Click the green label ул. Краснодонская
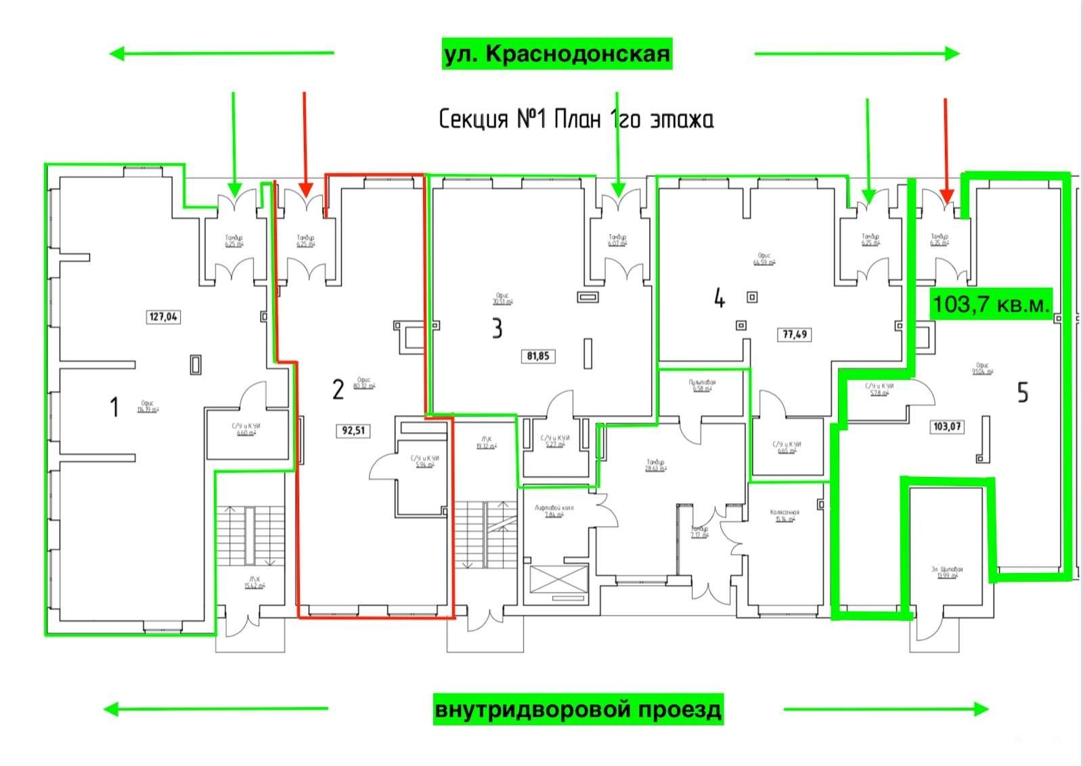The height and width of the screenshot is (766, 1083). pyautogui.click(x=556, y=54)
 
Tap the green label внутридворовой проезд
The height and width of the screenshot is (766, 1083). pyautogui.click(x=578, y=709)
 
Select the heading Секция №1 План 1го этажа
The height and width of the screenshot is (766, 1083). pyautogui.click(x=576, y=119)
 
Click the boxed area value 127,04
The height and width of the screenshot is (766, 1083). pyautogui.click(x=164, y=316)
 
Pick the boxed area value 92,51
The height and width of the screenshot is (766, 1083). pyautogui.click(x=353, y=430)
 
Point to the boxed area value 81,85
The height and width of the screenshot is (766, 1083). pyautogui.click(x=538, y=356)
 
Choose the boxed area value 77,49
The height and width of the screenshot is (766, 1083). pyautogui.click(x=795, y=334)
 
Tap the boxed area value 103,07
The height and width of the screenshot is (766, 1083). pyautogui.click(x=947, y=427)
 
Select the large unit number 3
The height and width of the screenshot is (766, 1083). pyautogui.click(x=497, y=328)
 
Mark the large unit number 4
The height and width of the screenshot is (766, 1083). pyautogui.click(x=719, y=298)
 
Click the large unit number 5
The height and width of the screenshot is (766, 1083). pyautogui.click(x=1023, y=393)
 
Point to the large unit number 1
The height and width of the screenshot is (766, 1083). pyautogui.click(x=114, y=407)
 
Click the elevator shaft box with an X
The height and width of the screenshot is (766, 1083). pyautogui.click(x=558, y=579)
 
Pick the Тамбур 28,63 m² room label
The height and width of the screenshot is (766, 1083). pyautogui.click(x=655, y=465)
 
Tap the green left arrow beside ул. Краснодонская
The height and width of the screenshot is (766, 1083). pyautogui.click(x=221, y=53)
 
